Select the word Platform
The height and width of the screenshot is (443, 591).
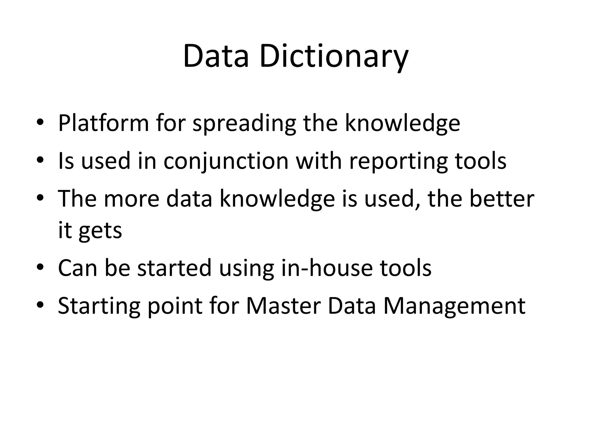(103, 123)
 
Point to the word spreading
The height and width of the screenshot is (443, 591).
(244, 123)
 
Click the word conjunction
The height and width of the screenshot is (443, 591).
(226, 161)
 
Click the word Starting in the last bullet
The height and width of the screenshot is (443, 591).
(99, 306)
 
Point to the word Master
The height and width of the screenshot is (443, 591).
(283, 305)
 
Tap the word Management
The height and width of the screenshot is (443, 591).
(454, 306)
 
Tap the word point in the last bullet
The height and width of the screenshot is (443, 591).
(175, 306)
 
